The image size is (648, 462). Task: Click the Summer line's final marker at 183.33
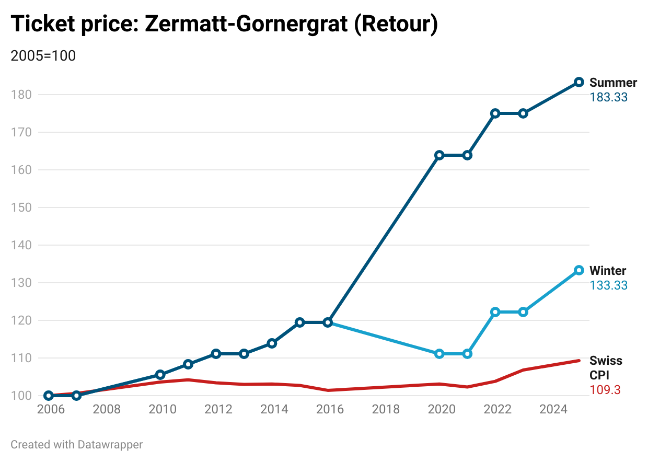(578, 82)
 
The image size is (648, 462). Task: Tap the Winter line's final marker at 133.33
(578, 270)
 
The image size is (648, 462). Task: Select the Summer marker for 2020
(439, 155)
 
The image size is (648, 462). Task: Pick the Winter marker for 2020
(439, 354)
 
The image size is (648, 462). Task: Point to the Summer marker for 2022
(495, 113)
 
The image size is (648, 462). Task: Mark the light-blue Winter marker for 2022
(495, 312)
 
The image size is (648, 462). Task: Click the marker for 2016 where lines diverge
(328, 322)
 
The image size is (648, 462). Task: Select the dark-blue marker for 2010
(160, 375)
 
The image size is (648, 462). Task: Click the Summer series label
(613, 83)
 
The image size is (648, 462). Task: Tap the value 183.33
(608, 97)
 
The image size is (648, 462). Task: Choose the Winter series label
(608, 271)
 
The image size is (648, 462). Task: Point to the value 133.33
(608, 285)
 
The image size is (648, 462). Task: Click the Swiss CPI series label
(606, 368)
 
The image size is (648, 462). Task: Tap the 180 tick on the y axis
(21, 95)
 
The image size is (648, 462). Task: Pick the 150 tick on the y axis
(21, 207)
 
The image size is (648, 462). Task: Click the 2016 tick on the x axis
(330, 409)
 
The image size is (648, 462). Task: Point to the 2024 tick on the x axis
(553, 409)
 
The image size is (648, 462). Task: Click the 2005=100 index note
(43, 56)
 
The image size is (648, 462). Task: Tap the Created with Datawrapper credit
(77, 445)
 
